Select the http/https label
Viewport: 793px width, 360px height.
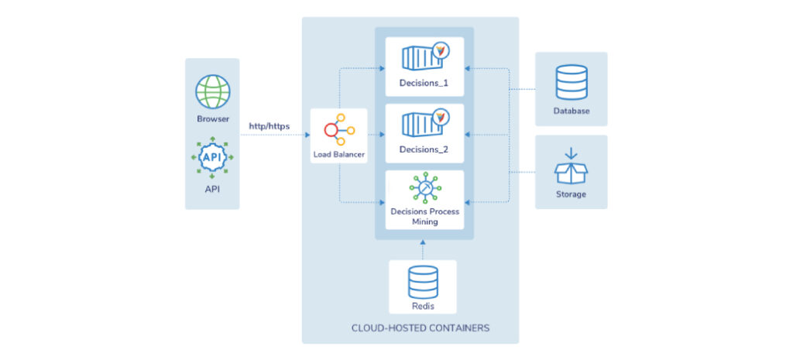269,125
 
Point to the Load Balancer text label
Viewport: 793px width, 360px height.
338,154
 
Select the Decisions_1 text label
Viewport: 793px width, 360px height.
424,82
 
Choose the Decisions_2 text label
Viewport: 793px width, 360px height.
424,149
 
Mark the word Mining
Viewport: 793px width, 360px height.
424,221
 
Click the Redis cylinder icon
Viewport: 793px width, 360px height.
424,283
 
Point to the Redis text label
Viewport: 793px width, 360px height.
424,306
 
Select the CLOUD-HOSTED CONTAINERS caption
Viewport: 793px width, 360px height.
410,328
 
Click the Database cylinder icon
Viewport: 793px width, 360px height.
572,83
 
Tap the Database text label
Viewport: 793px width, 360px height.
572,111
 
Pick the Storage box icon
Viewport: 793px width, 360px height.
572,166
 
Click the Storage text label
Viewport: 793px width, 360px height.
572,194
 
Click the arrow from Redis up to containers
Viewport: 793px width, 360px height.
424,248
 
